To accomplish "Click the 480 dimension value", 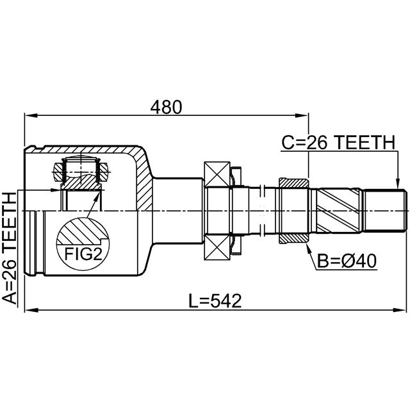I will (166, 106).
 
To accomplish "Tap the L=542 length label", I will (215, 301).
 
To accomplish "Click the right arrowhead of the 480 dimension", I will (304, 116).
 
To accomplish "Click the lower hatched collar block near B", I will (294, 238).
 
